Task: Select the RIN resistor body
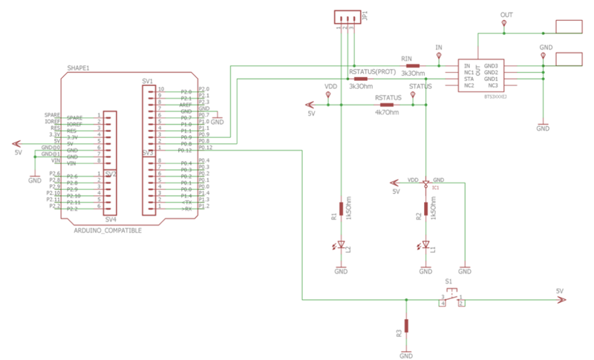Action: [x=412, y=65]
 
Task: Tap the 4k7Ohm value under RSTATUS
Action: [x=387, y=113]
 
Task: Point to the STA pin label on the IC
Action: [x=469, y=79]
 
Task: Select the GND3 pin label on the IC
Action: [x=490, y=65]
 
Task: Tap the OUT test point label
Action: [x=506, y=15]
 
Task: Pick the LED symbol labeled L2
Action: [x=341, y=245]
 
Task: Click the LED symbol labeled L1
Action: [x=425, y=246]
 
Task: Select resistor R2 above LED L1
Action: [x=425, y=210]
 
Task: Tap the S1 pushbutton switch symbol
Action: [x=451, y=298]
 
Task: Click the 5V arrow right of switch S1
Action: [x=561, y=300]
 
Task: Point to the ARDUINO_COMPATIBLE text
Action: [x=108, y=230]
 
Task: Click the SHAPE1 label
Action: [x=78, y=68]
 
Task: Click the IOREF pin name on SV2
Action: [x=74, y=122]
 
